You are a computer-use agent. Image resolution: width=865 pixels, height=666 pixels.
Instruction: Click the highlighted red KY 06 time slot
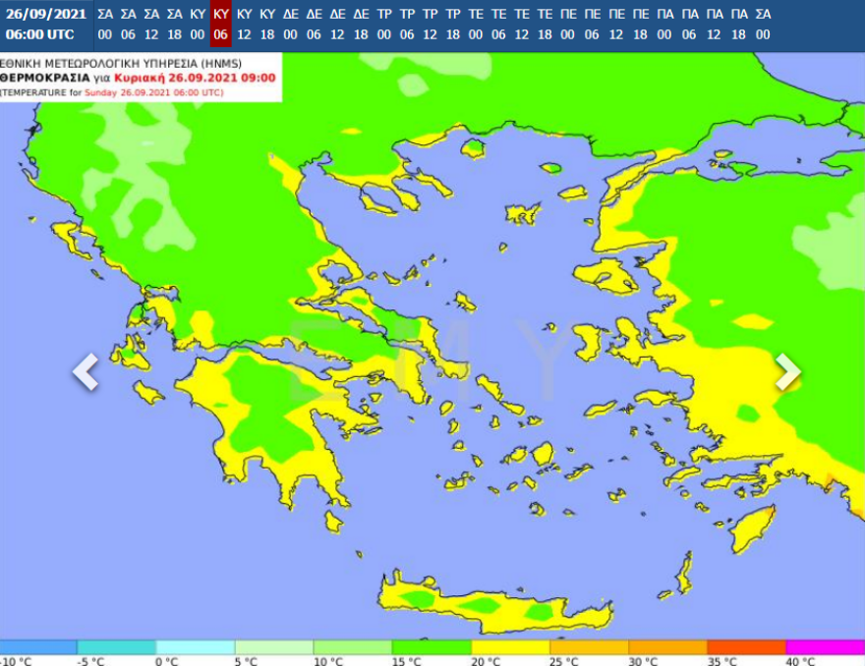coord(221,24)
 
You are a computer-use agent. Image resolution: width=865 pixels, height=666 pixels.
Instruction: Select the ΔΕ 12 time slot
coord(337,24)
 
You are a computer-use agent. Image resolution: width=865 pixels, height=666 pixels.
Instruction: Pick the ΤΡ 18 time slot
coord(453,24)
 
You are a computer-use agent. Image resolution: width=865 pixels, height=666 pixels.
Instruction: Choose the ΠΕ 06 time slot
coord(592,24)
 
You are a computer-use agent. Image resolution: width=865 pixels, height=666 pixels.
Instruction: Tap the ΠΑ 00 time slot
coord(663,24)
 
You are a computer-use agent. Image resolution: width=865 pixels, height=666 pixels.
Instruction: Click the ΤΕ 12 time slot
coord(522,24)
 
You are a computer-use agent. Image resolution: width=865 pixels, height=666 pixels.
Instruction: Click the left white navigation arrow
coord(86,372)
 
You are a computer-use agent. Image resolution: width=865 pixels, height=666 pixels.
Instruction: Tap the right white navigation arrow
coord(788,371)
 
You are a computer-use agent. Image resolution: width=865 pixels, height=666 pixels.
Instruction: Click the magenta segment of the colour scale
coord(826,646)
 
